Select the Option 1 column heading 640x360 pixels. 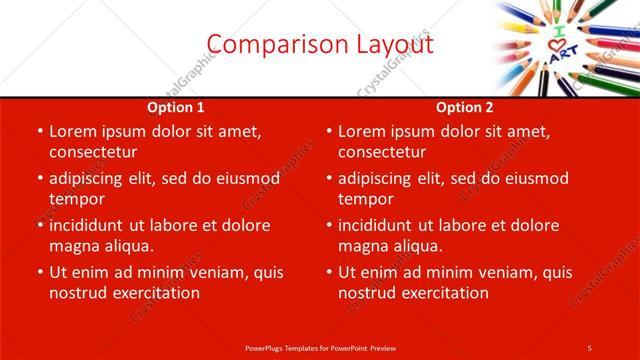click(176, 107)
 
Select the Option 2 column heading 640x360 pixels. click(465, 107)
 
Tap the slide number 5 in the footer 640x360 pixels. click(589, 347)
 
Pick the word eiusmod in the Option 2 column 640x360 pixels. click(533, 178)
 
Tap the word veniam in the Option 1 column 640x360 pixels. click(211, 272)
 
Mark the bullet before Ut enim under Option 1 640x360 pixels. click(38, 273)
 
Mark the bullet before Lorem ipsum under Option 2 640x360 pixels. click(327, 132)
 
